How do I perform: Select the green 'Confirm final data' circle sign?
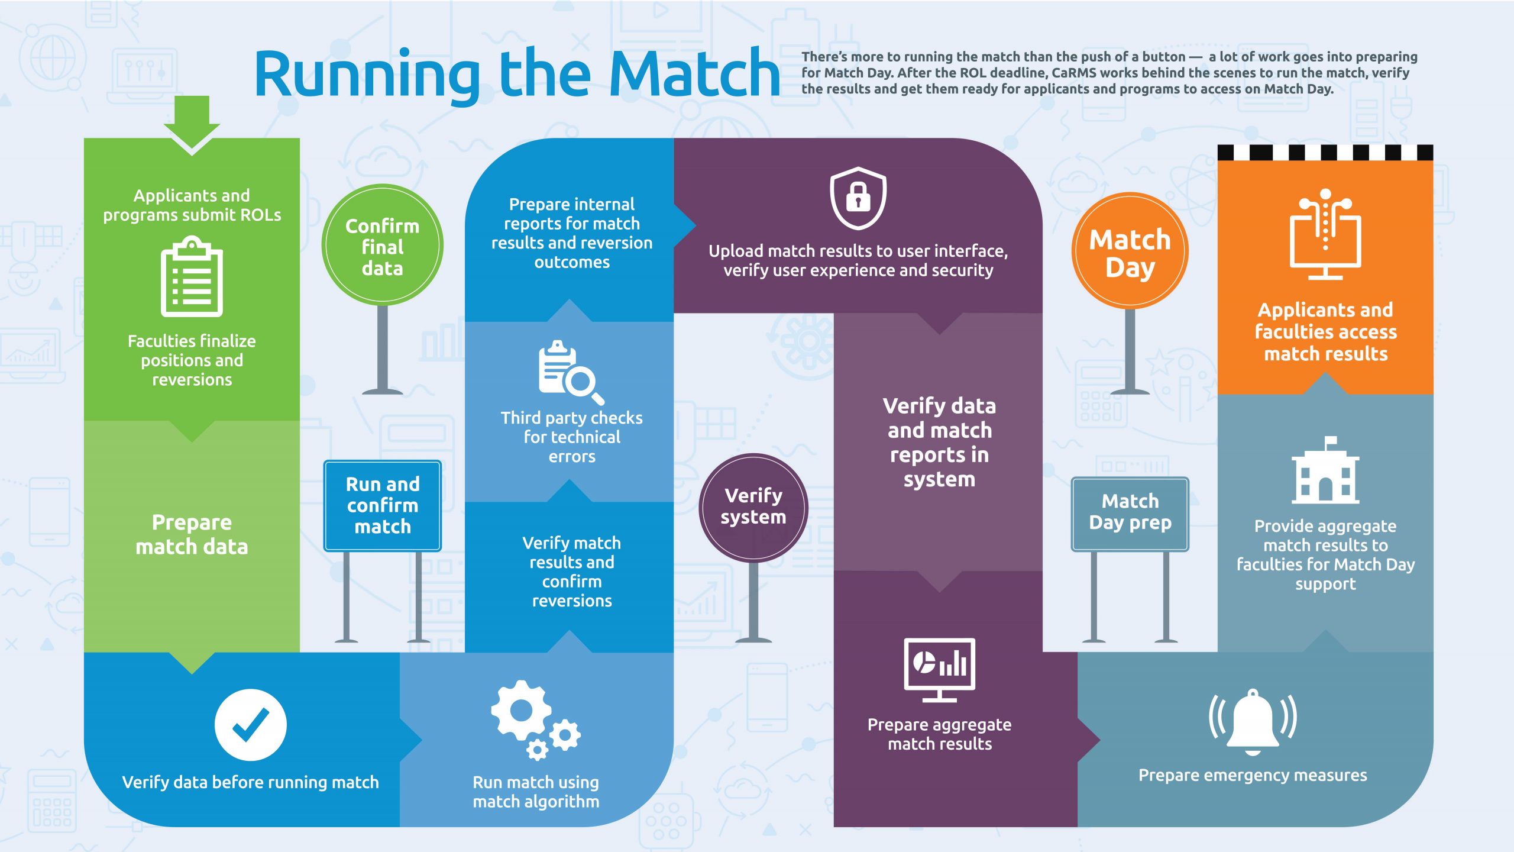pyautogui.click(x=382, y=246)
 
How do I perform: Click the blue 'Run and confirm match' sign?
pyautogui.click(x=382, y=505)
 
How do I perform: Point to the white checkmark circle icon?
pyautogui.click(x=250, y=724)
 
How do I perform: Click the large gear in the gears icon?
pyautogui.click(x=521, y=710)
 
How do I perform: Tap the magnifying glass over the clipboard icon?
pyautogui.click(x=582, y=382)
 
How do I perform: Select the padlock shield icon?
pyautogui.click(x=858, y=198)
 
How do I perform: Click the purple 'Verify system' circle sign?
pyautogui.click(x=753, y=506)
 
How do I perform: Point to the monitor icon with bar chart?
pyautogui.click(x=939, y=669)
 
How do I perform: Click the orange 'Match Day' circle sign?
pyautogui.click(x=1130, y=251)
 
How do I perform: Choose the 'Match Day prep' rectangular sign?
pyautogui.click(x=1130, y=513)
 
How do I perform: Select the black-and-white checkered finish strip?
pyautogui.click(x=1325, y=153)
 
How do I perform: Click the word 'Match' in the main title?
pyautogui.click(x=694, y=74)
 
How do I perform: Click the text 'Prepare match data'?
pyautogui.click(x=192, y=534)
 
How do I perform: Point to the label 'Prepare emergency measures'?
pyautogui.click(x=1253, y=775)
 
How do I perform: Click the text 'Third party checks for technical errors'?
pyautogui.click(x=571, y=437)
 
